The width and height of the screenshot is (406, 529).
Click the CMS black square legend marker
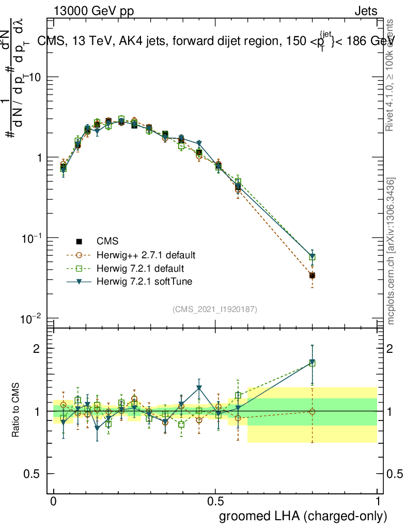[x=79, y=241]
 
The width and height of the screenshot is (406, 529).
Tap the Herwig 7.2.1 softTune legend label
[x=137, y=282]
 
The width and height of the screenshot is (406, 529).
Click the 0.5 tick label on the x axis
[x=215, y=502]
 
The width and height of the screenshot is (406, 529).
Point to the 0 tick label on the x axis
[x=54, y=502]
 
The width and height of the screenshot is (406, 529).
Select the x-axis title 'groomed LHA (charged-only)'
[x=303, y=516]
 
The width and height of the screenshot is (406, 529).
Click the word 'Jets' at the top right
[x=366, y=11]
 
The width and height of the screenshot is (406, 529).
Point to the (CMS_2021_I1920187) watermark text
[x=215, y=309]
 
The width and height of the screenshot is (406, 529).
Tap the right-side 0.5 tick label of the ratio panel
[x=395, y=474]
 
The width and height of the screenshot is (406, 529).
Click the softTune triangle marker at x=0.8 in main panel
[x=312, y=256]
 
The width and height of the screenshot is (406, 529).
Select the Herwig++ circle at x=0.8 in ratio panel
[x=312, y=412]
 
